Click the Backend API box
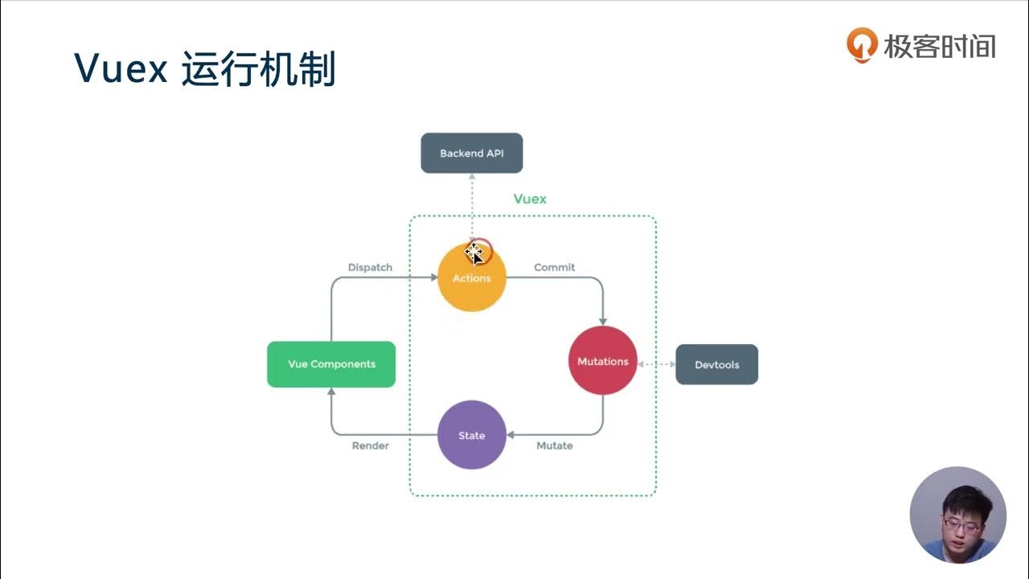pyautogui.click(x=472, y=153)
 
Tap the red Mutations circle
pyautogui.click(x=602, y=361)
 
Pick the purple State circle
pyautogui.click(x=472, y=435)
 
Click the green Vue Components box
pyautogui.click(x=331, y=364)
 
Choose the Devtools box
pyautogui.click(x=716, y=364)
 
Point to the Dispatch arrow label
pyautogui.click(x=370, y=267)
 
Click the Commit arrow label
pyautogui.click(x=555, y=267)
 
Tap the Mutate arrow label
pyautogui.click(x=555, y=446)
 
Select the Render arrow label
pyautogui.click(x=370, y=446)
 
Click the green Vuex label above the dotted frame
pyautogui.click(x=530, y=199)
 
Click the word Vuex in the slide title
pyautogui.click(x=121, y=70)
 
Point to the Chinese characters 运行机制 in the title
pyautogui.click(x=259, y=70)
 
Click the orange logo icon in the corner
pyautogui.click(x=862, y=45)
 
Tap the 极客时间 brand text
pyautogui.click(x=940, y=46)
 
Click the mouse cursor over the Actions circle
pyautogui.click(x=474, y=253)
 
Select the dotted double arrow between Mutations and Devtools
pyautogui.click(x=656, y=364)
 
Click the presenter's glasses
pyautogui.click(x=961, y=524)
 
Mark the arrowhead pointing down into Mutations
pyautogui.click(x=603, y=321)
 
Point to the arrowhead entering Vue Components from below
pyautogui.click(x=331, y=392)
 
